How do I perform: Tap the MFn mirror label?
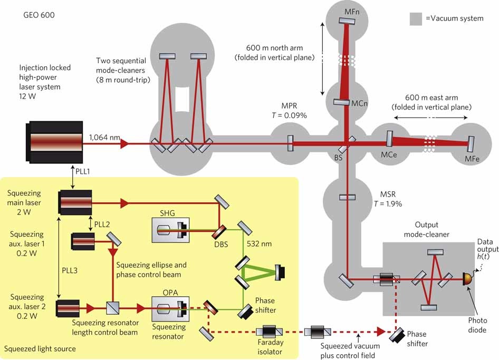(x=363, y=11)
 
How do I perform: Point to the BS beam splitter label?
(x=339, y=157)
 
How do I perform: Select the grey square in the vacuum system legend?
(x=416, y=18)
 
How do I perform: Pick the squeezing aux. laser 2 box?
(x=68, y=308)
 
